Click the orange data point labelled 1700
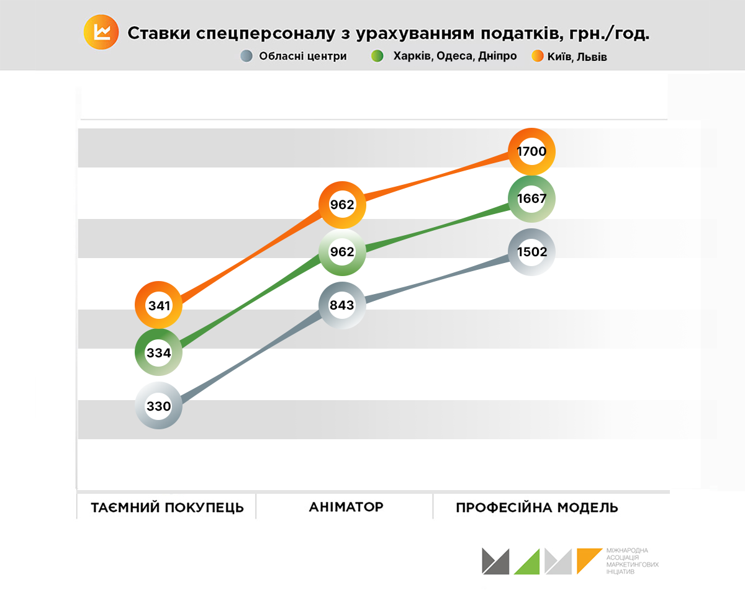point(531,151)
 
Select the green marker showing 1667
point(531,199)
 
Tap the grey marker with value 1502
point(531,252)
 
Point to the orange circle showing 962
point(342,205)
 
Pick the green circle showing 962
point(342,252)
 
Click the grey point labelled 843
point(342,305)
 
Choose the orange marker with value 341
point(159,305)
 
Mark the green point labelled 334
point(159,352)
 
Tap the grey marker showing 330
point(159,406)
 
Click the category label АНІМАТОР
point(346,507)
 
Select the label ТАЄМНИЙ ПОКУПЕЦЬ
point(168,507)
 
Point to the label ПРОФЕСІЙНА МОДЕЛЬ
point(537,507)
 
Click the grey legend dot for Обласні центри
point(246,56)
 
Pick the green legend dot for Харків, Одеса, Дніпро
point(377,56)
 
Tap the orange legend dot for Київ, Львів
point(538,56)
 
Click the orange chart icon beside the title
point(101,32)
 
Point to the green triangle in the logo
point(528,562)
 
